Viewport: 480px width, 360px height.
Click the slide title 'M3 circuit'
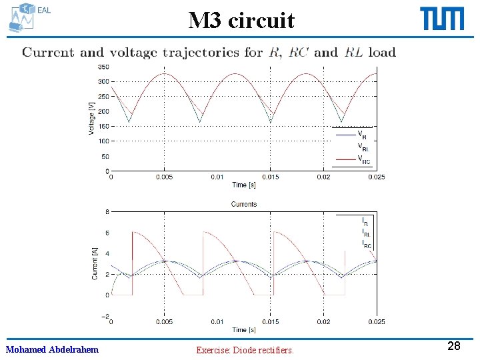click(x=241, y=21)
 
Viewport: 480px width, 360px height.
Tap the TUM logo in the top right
click(x=442, y=19)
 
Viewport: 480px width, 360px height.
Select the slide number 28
click(x=453, y=346)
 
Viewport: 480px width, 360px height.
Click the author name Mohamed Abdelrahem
click(x=52, y=349)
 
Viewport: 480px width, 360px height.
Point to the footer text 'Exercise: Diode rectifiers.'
click(x=245, y=349)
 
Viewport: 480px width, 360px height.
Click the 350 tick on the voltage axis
click(x=103, y=67)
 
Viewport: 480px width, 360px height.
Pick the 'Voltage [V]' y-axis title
click(x=91, y=119)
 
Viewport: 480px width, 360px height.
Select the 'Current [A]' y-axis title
click(x=95, y=263)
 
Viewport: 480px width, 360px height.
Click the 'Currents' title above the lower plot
click(x=243, y=204)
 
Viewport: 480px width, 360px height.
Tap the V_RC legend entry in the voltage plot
click(x=363, y=159)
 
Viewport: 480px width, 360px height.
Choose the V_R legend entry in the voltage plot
click(x=362, y=135)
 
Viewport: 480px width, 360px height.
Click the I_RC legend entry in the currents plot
click(x=366, y=244)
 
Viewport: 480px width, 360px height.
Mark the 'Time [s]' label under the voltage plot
click(x=243, y=185)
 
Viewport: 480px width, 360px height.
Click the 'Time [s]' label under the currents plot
click(x=243, y=330)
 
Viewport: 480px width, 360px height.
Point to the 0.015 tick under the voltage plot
click(x=270, y=177)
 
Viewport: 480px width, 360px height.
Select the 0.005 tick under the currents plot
click(x=164, y=322)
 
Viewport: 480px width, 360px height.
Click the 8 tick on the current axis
click(x=107, y=212)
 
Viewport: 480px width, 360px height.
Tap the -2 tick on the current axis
click(x=105, y=315)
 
